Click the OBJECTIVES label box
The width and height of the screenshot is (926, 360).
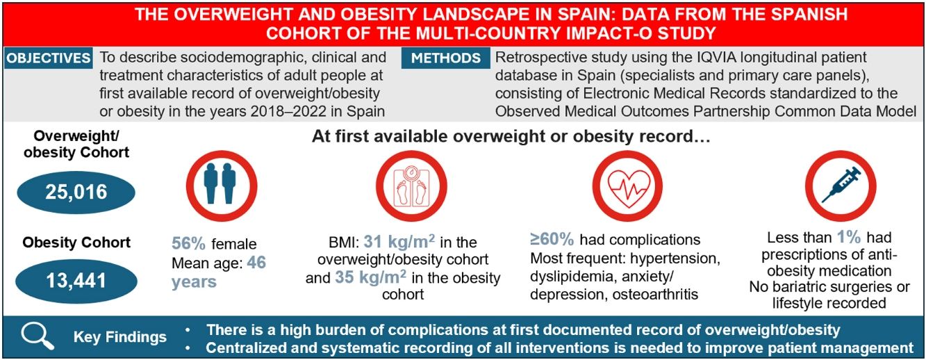click(49, 58)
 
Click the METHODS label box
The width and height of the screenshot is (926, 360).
click(446, 58)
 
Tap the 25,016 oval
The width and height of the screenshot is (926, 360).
click(76, 193)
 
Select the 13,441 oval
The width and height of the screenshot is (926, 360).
click(76, 281)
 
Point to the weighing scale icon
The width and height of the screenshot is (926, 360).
click(411, 186)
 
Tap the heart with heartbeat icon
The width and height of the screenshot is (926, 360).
click(627, 186)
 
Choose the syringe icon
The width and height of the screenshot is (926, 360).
click(841, 186)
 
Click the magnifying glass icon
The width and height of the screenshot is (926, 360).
click(38, 336)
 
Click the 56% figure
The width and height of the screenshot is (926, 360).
click(188, 244)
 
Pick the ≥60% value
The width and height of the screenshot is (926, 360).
click(552, 239)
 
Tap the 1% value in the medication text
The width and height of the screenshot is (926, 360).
click(849, 237)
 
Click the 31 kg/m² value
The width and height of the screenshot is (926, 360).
click(399, 242)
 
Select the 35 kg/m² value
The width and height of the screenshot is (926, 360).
click(370, 277)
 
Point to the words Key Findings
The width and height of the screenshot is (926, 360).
click(120, 337)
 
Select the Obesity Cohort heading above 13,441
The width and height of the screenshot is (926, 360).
click(76, 242)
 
